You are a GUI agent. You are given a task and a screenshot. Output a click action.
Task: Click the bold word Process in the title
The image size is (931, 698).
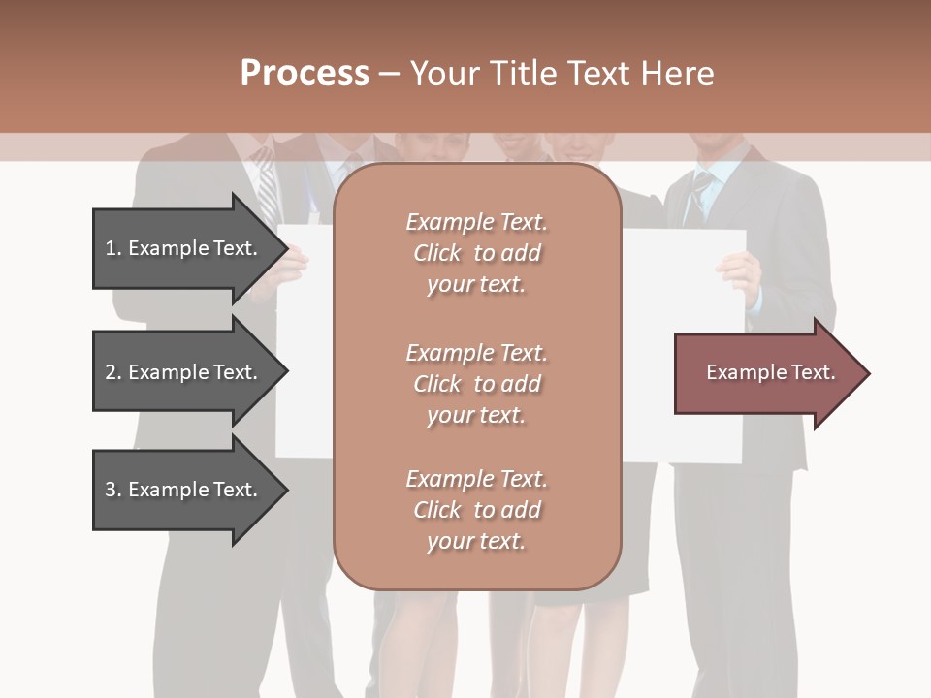(x=305, y=74)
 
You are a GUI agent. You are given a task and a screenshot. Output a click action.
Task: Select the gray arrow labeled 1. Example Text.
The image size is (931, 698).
(x=184, y=248)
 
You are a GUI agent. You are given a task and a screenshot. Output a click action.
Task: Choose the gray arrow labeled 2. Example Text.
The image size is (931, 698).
(x=184, y=372)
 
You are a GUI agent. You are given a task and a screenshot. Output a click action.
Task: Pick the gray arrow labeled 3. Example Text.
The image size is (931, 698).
(x=184, y=490)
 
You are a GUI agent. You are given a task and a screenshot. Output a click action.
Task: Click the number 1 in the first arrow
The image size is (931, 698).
(x=112, y=248)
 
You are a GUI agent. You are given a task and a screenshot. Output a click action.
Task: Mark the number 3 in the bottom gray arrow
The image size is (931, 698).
(x=112, y=490)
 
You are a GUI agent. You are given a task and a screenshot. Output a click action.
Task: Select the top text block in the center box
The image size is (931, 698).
(x=476, y=253)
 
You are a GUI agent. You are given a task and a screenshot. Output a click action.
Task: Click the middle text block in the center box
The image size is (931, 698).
(x=476, y=384)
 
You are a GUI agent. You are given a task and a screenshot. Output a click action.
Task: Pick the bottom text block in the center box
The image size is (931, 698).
(x=476, y=510)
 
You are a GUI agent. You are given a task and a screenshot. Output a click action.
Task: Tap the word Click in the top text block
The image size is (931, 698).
(x=436, y=253)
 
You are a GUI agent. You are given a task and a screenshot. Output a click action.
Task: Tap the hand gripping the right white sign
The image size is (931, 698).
(x=741, y=276)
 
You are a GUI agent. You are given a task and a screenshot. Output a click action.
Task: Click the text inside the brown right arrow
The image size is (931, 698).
(x=770, y=372)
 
